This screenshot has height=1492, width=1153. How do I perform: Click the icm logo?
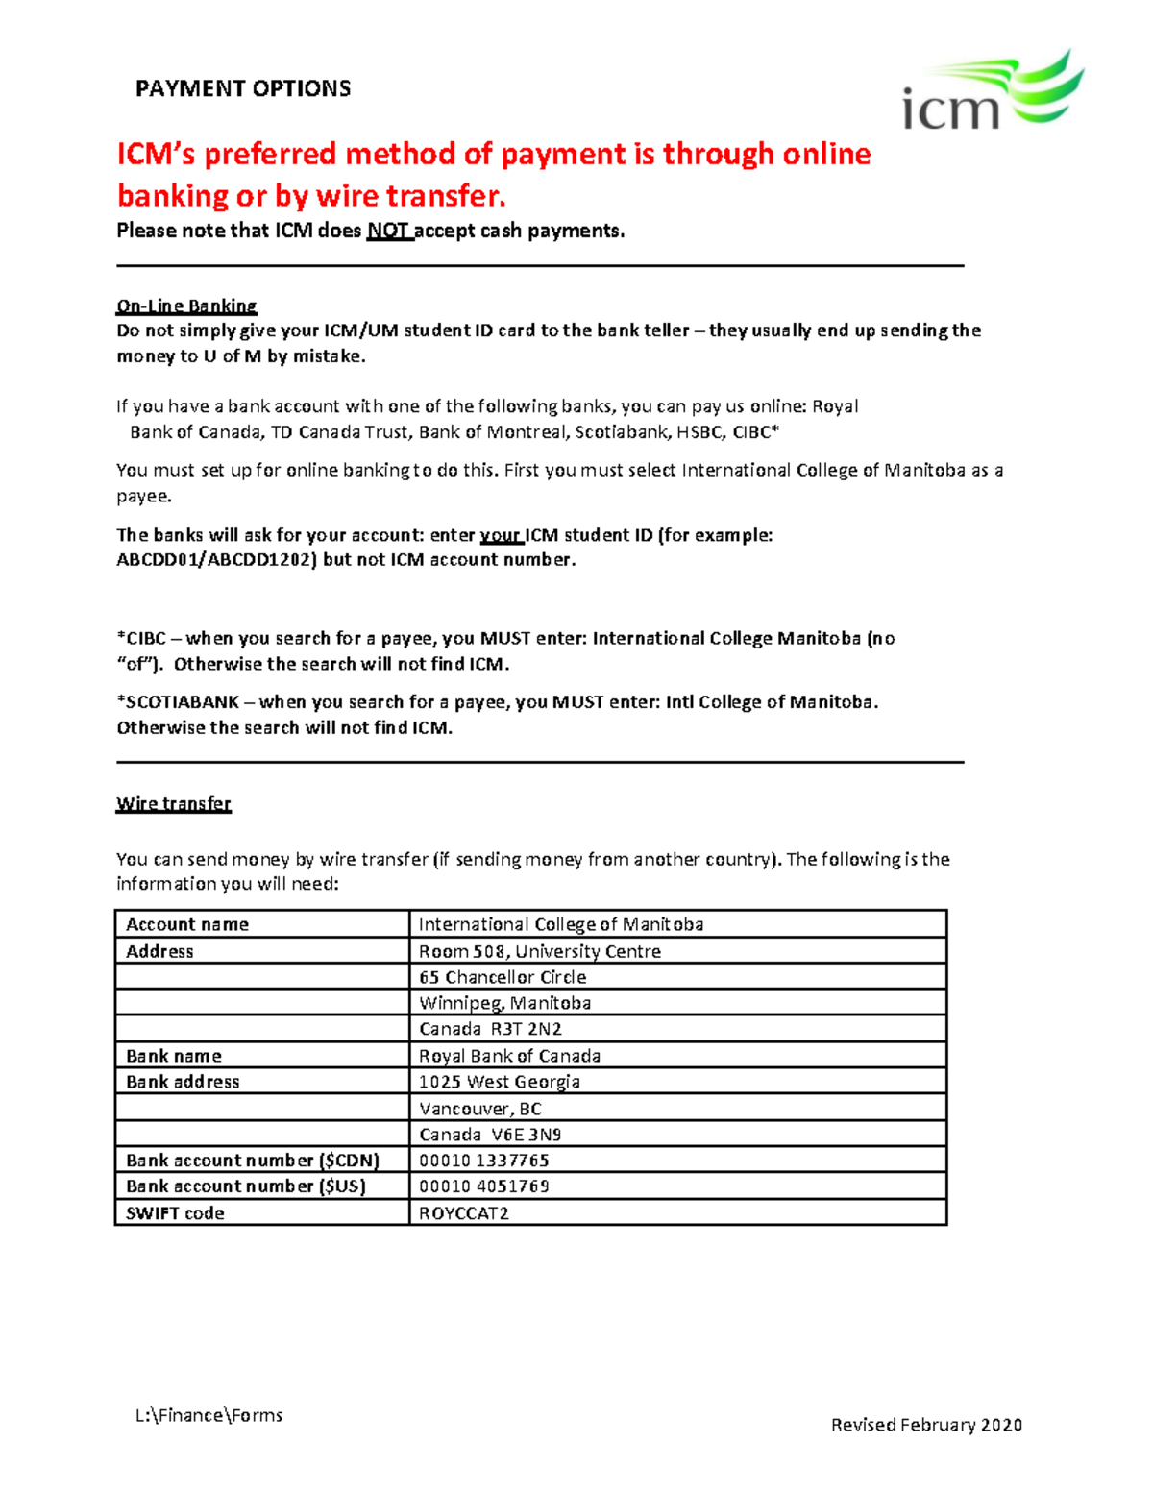(x=992, y=92)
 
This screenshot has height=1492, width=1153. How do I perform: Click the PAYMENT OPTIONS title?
(x=243, y=89)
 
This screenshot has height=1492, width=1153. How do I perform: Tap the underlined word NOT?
(x=389, y=231)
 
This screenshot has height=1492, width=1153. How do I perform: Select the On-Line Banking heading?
(x=186, y=306)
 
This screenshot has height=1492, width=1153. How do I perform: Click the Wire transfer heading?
(x=174, y=803)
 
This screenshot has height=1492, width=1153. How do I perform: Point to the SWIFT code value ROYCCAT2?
(x=464, y=1212)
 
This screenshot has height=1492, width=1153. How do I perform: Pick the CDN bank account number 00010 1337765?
(x=484, y=1160)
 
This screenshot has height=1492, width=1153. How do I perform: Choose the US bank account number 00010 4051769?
(x=484, y=1186)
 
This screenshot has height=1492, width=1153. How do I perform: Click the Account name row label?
(x=187, y=924)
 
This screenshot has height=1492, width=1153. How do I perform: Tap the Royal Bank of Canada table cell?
(x=510, y=1056)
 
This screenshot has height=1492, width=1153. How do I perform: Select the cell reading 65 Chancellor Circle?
(x=503, y=977)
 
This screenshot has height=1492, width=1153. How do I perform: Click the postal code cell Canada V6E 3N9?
(x=490, y=1135)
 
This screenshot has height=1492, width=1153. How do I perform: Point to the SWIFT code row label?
(x=175, y=1213)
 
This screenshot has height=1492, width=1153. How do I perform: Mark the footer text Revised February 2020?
(x=926, y=1425)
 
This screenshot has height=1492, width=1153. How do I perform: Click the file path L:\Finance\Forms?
(x=209, y=1415)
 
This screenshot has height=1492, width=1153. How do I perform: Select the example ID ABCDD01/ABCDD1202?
(x=216, y=560)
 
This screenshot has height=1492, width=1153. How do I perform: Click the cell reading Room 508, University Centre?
(x=540, y=951)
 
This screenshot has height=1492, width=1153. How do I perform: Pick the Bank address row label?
(x=183, y=1082)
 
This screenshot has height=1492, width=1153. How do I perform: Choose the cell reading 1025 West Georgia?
(x=500, y=1082)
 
